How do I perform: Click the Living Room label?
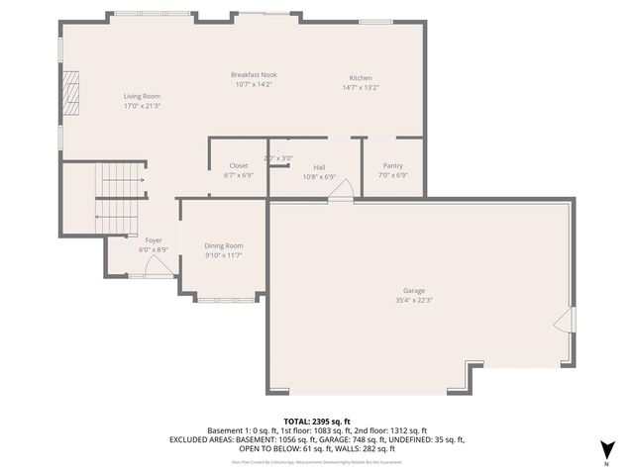tap(142, 95)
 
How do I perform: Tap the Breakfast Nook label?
tap(254, 75)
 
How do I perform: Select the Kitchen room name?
tap(360, 78)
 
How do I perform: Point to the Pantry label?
tap(392, 165)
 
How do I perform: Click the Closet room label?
tap(239, 165)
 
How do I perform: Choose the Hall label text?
tap(319, 167)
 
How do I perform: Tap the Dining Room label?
tap(223, 245)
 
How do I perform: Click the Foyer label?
tap(154, 240)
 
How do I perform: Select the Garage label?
tap(414, 291)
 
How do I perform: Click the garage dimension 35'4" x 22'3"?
tap(414, 300)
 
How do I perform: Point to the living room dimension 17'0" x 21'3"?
tap(142, 105)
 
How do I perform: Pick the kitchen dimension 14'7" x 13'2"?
tap(360, 87)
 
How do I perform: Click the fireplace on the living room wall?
tap(68, 95)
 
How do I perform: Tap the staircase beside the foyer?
tap(119, 198)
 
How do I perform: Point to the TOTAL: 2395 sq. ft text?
tap(316, 422)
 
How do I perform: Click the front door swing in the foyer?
tap(162, 265)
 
